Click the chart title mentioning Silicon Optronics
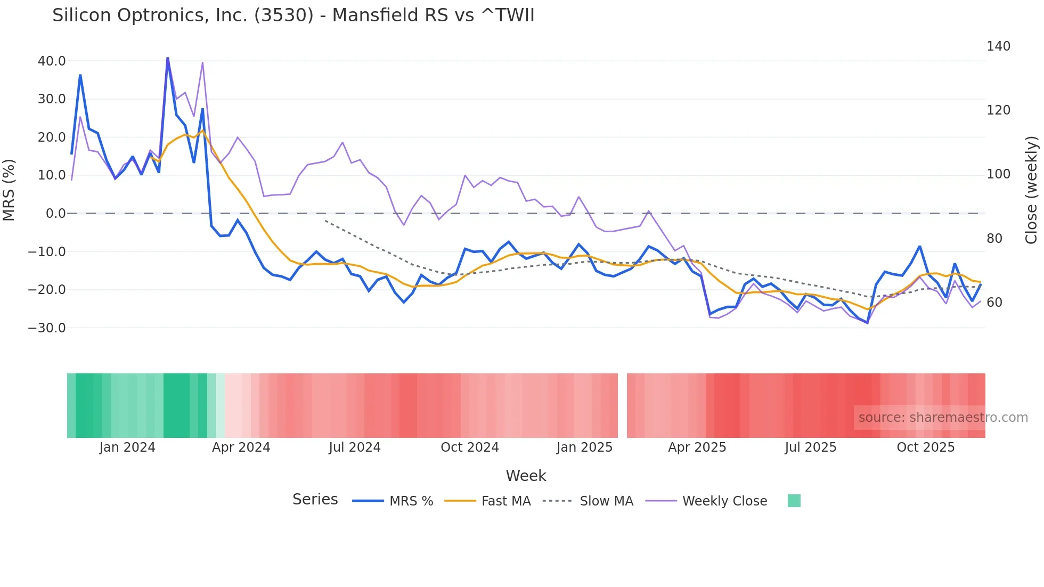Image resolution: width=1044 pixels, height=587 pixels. [293, 15]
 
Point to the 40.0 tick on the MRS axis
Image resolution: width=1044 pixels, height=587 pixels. [52, 61]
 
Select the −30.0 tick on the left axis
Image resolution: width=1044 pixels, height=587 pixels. [47, 328]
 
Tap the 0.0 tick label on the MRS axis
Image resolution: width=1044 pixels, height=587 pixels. [55, 214]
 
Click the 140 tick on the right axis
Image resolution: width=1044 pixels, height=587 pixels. [998, 46]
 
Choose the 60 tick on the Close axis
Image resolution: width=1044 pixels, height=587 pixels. [994, 303]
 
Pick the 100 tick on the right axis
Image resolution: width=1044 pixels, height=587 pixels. [998, 174]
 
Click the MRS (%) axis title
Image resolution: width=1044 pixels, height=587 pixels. [9, 190]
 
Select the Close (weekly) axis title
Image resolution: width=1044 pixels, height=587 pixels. [1031, 190]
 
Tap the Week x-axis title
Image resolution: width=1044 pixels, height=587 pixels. [526, 476]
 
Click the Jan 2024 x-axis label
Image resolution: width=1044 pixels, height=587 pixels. [127, 447]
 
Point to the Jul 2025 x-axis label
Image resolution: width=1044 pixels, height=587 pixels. [810, 447]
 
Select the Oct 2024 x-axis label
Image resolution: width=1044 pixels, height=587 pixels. [469, 447]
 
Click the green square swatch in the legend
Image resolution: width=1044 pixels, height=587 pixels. [794, 501]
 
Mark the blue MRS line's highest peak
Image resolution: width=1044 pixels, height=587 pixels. [167, 58]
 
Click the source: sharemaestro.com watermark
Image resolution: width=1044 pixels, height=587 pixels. [943, 418]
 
